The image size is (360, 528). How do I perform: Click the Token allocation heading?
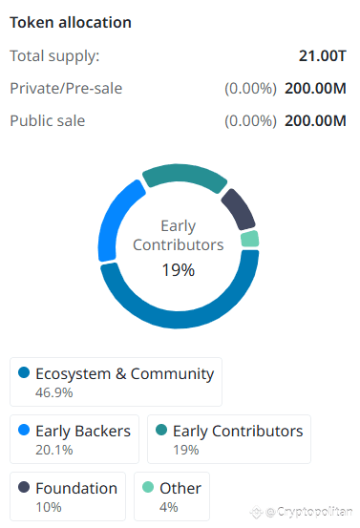(x=71, y=22)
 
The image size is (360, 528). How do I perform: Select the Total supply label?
(x=54, y=56)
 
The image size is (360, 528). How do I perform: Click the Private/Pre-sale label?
(x=66, y=89)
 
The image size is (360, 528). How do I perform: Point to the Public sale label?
(x=48, y=121)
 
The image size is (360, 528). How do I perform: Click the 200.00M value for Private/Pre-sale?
(x=319, y=89)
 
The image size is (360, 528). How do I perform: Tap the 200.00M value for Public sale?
(x=319, y=121)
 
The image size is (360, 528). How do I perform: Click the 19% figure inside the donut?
(x=178, y=270)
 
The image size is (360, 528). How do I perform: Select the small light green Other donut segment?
(x=250, y=239)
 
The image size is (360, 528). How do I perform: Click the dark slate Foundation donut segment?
(x=238, y=206)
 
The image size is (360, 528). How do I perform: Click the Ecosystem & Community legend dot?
(x=24, y=373)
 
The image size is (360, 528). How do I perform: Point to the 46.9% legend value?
(x=54, y=391)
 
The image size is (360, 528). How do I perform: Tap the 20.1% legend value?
(x=53, y=449)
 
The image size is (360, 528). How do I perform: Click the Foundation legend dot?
(x=24, y=488)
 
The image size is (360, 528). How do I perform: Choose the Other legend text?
(x=180, y=488)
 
